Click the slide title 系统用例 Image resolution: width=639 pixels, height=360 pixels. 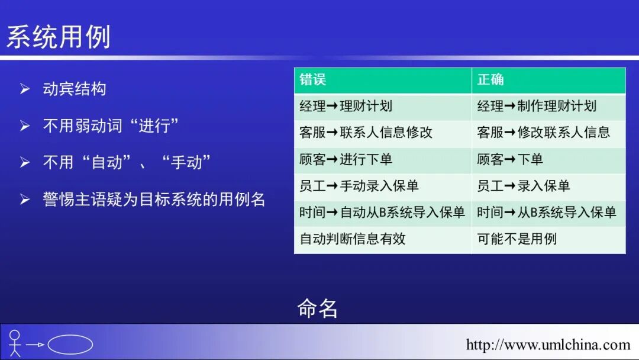pyautogui.click(x=59, y=37)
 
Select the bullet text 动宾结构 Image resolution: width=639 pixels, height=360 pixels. pyautogui.click(x=75, y=89)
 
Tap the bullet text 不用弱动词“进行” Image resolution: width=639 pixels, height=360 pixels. pyautogui.click(x=111, y=126)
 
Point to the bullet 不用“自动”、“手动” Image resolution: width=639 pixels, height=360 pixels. pyautogui.click(x=127, y=162)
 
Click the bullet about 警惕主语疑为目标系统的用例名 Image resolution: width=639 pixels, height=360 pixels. pyautogui.click(x=154, y=199)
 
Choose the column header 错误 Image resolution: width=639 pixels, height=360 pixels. pyautogui.click(x=313, y=80)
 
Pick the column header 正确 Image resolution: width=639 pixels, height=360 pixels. pyautogui.click(x=490, y=80)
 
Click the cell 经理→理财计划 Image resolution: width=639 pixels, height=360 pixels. pyautogui.click(x=346, y=107)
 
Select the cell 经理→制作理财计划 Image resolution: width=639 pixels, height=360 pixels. pyautogui.click(x=537, y=107)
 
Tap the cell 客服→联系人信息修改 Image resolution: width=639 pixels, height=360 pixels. pyautogui.click(x=366, y=133)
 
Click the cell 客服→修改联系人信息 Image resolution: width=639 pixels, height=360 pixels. pyautogui.click(x=543, y=133)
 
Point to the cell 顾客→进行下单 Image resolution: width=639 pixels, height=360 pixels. pyautogui.click(x=346, y=159)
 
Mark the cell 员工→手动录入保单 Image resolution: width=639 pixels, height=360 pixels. pyautogui.click(x=359, y=186)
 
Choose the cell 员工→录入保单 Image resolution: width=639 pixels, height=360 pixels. pyautogui.click(x=523, y=186)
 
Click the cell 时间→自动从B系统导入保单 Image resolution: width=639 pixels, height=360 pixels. pyautogui.click(x=382, y=213)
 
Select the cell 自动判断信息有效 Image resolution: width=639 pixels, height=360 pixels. pyautogui.click(x=353, y=239)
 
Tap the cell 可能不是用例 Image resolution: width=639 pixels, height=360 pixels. pyautogui.click(x=517, y=239)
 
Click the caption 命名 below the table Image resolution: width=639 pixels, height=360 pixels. pyautogui.click(x=318, y=308)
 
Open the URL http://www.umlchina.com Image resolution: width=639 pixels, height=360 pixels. pyautogui.click(x=548, y=345)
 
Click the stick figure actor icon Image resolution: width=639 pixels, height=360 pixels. pyautogui.click(x=15, y=343)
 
